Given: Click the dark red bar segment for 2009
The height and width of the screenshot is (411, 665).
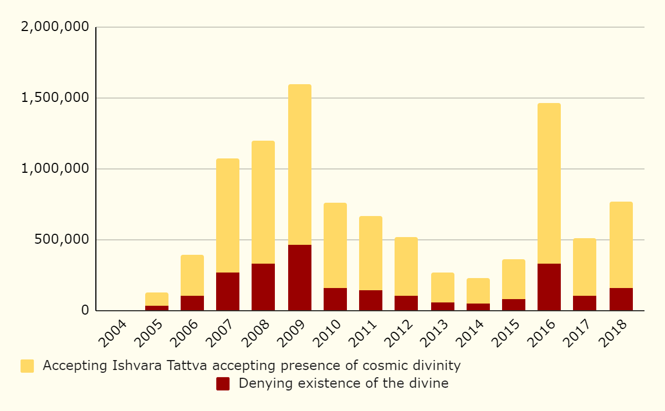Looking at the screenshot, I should [x=299, y=278].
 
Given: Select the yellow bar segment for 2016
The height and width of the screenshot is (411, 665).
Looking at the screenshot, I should [x=549, y=183].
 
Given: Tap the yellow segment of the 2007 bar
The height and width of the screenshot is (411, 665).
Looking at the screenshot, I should [x=228, y=215].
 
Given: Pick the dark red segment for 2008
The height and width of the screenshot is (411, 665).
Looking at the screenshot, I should [x=263, y=287].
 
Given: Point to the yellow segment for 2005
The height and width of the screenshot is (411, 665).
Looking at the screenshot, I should [x=157, y=299].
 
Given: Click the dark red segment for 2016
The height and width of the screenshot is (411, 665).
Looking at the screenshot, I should [x=549, y=287].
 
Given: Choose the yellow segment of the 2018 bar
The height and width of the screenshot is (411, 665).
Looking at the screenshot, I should [x=621, y=245].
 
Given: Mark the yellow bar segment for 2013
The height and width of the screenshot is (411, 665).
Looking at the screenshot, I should [x=442, y=287].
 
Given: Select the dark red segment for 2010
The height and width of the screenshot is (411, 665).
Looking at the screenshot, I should [x=335, y=299].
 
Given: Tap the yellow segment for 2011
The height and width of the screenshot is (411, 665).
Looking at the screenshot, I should [x=371, y=253].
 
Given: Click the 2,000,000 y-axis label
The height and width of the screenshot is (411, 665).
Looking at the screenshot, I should [x=54, y=27].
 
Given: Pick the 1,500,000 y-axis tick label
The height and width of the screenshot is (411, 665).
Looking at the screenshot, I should [x=54, y=97].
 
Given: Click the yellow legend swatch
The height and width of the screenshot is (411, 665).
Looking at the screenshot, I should [x=27, y=366].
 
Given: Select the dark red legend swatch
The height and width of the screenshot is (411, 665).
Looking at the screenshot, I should [x=223, y=384].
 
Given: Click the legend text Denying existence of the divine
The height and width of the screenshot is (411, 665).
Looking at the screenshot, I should [x=344, y=383].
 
